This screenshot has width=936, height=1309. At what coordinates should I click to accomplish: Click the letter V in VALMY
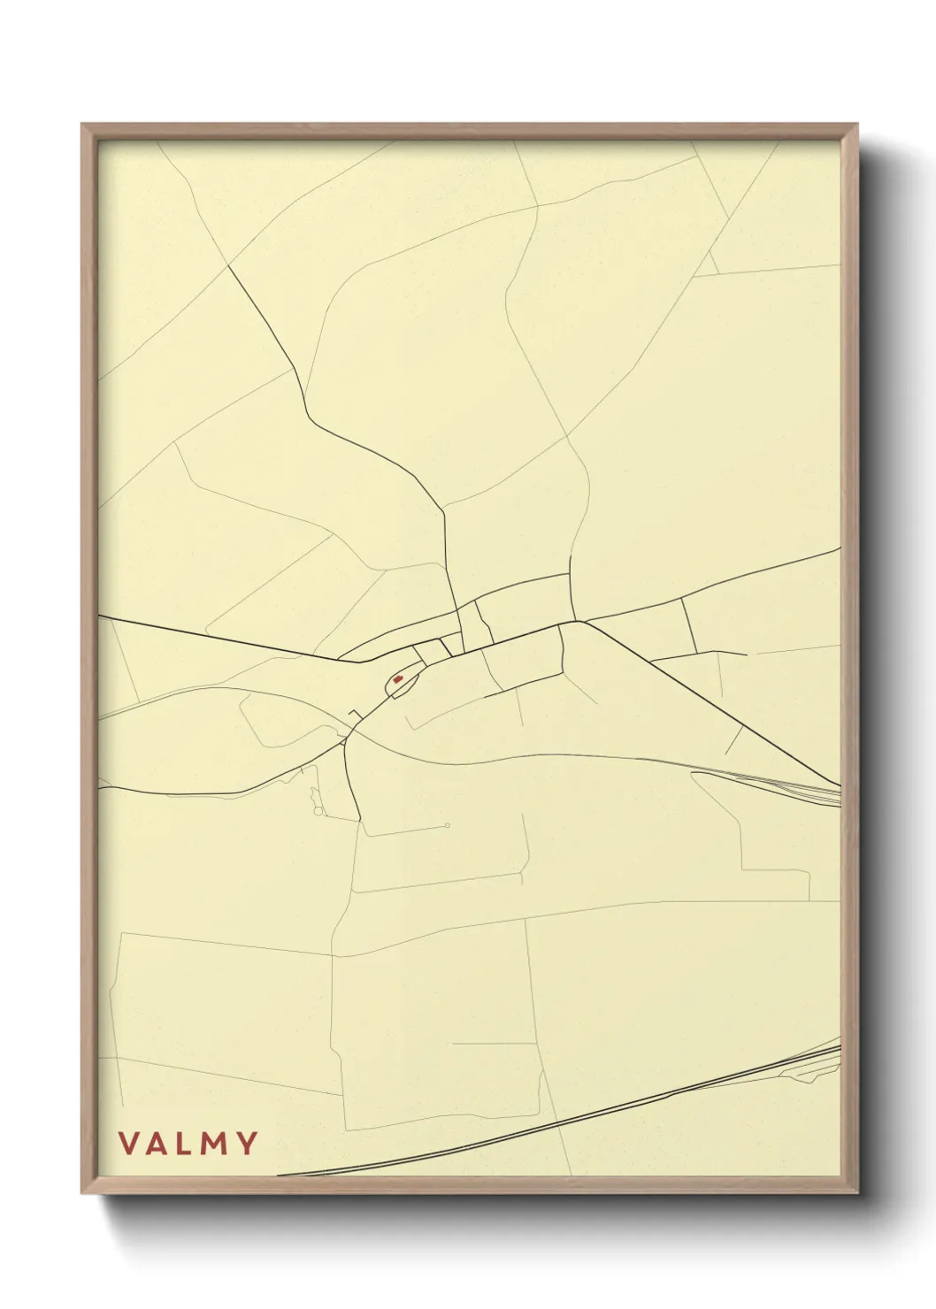point(128,1144)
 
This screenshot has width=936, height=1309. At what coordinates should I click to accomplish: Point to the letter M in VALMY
point(214,1144)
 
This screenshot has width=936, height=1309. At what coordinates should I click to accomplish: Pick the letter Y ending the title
point(246,1144)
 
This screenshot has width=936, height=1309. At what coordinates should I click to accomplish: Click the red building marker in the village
point(398,679)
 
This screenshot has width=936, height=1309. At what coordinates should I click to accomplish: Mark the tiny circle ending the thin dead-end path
point(448,826)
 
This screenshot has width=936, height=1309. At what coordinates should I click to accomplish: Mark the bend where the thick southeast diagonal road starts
point(579,622)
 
